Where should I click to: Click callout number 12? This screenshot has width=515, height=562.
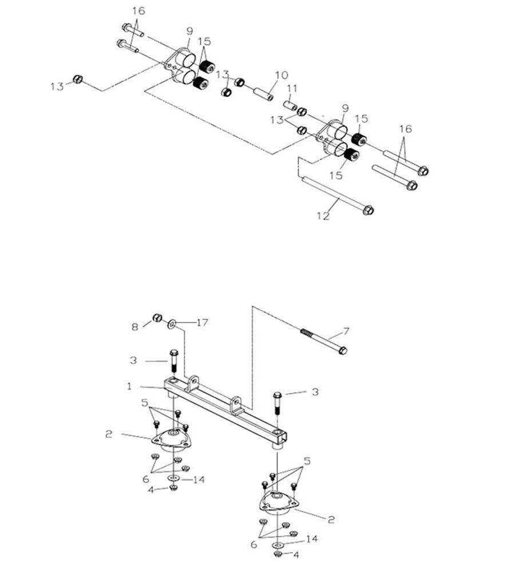tap(323, 216)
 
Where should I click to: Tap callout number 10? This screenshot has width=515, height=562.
tap(282, 76)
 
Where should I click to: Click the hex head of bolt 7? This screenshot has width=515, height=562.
tap(342, 350)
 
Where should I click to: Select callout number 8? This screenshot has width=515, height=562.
tap(135, 327)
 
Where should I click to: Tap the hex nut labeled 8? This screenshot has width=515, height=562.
tap(157, 318)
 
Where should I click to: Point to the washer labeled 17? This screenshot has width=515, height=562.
tap(172, 324)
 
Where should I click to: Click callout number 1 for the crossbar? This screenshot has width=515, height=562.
tap(129, 387)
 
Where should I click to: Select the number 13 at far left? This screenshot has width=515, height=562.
tap(57, 86)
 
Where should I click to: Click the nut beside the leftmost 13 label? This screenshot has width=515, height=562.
tap(78, 80)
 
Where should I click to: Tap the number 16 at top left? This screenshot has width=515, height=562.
tap(138, 11)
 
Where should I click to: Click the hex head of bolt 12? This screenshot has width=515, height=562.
tap(368, 210)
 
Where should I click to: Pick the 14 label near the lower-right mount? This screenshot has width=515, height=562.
tap(311, 539)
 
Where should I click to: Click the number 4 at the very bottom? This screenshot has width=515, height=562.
tap(296, 555)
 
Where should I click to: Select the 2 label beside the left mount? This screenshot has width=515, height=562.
tap(109, 434)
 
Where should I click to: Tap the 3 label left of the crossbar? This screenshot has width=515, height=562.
tap(133, 360)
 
